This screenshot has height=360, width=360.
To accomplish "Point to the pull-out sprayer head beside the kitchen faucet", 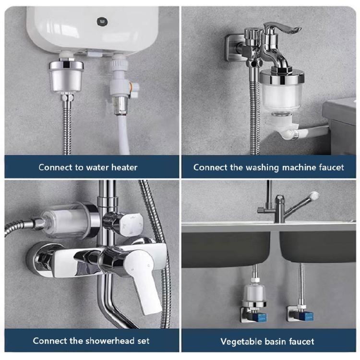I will pos(313,196).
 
